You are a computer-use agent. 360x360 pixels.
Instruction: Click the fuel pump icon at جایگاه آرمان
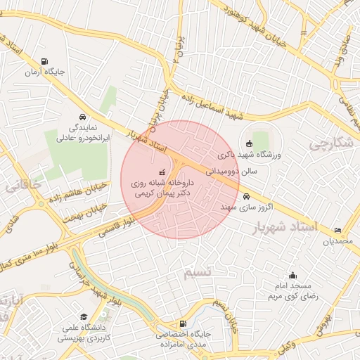tap(46, 61)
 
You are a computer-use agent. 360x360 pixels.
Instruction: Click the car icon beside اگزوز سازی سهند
tap(246, 197)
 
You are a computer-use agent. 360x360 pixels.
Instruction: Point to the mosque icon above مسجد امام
tap(292, 276)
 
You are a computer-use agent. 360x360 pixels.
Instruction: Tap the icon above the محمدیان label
tap(338, 230)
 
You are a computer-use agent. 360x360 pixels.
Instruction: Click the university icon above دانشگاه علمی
tap(84, 316)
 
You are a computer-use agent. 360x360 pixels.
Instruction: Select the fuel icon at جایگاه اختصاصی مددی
tap(163, 325)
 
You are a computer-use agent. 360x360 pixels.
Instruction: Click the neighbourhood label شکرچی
tap(330, 143)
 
